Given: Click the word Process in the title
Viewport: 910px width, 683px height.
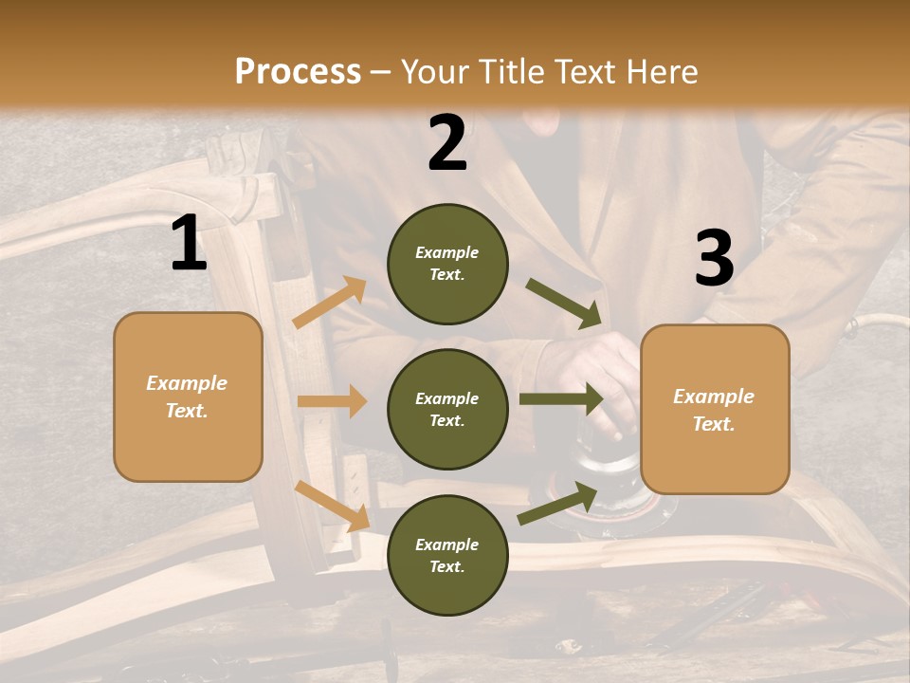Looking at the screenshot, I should (298, 71).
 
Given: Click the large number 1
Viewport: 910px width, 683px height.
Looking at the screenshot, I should (188, 244).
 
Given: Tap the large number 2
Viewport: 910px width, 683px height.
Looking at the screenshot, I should (447, 143).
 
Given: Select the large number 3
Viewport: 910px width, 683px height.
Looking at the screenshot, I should (714, 259).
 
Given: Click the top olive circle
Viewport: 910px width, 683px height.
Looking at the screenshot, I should (447, 264).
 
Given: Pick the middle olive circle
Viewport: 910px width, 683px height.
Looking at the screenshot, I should (447, 409).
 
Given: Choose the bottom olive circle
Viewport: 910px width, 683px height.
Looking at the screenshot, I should (447, 555).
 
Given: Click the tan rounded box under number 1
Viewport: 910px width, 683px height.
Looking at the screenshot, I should (188, 397).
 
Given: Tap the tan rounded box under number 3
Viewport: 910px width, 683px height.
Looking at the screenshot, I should (715, 409).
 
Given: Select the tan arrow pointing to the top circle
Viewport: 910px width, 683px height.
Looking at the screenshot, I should (330, 303).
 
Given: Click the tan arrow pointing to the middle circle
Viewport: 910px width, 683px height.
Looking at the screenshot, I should (332, 401).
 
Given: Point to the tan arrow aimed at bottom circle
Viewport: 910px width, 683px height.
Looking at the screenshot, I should (332, 505).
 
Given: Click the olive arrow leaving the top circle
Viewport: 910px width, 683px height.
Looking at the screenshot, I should (564, 303).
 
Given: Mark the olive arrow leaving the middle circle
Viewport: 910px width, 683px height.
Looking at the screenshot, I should (561, 398).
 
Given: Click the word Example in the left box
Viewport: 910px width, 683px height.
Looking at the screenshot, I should (187, 383).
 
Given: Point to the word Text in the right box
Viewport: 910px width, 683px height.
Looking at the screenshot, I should (713, 424).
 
